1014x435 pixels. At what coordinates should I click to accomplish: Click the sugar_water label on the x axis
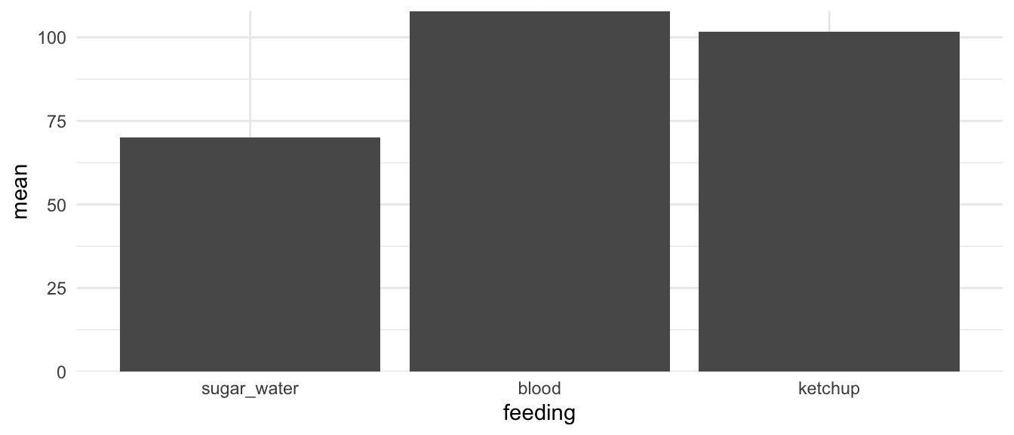pos(250,390)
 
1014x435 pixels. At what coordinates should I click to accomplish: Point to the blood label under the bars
pos(539,390)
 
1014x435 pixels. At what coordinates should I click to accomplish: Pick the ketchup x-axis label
pos(829,390)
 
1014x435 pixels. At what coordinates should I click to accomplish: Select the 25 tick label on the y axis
pos(57,288)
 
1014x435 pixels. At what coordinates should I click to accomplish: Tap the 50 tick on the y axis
pos(57,205)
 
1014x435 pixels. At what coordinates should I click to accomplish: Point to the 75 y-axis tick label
pos(57,121)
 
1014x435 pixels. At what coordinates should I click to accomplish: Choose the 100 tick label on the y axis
pos(53,38)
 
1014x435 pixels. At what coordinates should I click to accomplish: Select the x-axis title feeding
pos(539,414)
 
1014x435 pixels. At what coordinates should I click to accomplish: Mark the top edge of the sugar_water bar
pos(250,138)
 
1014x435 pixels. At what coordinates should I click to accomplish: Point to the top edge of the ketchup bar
pos(829,32)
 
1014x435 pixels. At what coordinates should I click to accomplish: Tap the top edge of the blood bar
pos(539,12)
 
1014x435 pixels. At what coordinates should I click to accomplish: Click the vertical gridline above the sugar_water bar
pos(250,76)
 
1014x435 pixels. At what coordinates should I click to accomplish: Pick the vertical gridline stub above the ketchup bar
pos(829,21)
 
